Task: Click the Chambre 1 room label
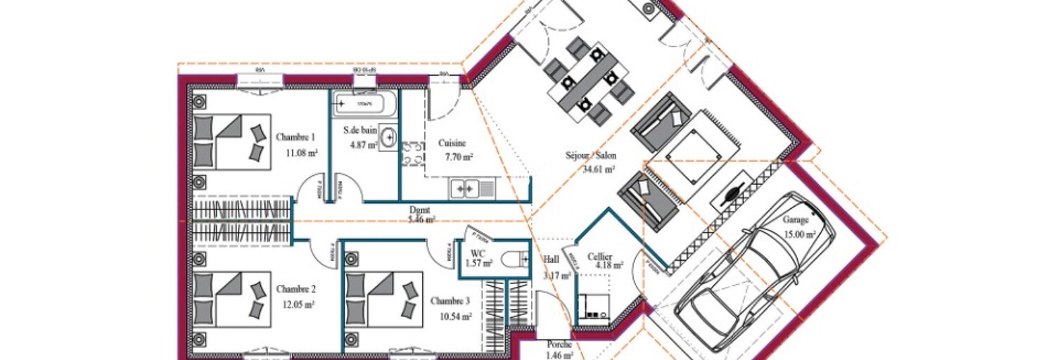[295, 137]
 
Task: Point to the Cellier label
[600, 257]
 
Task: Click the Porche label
[559, 345]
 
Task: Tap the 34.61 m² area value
[598, 169]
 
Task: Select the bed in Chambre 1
[231, 141]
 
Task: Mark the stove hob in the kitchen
[412, 154]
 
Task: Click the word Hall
[551, 259]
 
